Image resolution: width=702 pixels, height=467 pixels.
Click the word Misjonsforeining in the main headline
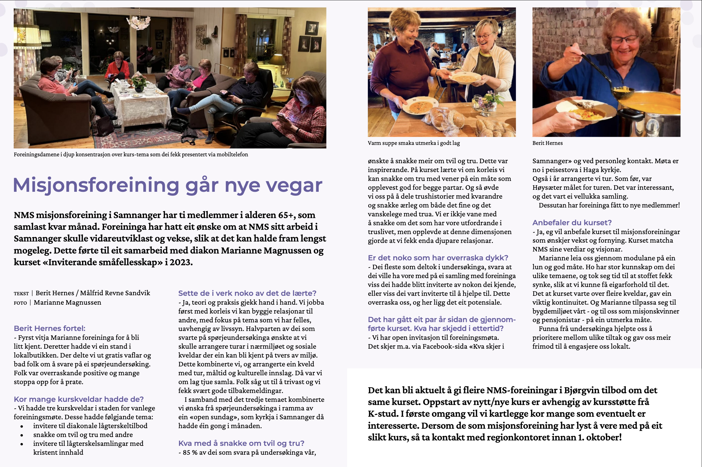pyautogui.click(x=96, y=185)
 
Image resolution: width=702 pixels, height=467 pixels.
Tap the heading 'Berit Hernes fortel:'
pyautogui.click(x=49, y=328)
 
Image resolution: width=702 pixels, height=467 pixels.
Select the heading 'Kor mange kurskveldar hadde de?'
pyautogui.click(x=79, y=399)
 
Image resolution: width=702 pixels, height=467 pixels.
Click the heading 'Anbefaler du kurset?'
pyautogui.click(x=572, y=222)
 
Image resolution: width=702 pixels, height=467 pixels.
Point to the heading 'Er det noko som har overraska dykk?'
pyautogui.click(x=438, y=258)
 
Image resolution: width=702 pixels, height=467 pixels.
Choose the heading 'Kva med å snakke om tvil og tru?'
pyautogui.click(x=241, y=443)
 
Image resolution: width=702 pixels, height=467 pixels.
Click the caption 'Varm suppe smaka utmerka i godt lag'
pyautogui.click(x=414, y=143)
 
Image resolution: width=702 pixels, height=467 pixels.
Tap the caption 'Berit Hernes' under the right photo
pyautogui.click(x=547, y=143)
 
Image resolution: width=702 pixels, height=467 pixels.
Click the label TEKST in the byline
pyautogui.click(x=21, y=293)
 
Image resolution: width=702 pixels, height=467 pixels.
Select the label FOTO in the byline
pyautogui.click(x=20, y=303)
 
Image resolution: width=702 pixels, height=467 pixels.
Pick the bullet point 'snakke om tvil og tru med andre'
pyautogui.click(x=83, y=434)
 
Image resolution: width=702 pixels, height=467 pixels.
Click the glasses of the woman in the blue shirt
pyautogui.click(x=624, y=40)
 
